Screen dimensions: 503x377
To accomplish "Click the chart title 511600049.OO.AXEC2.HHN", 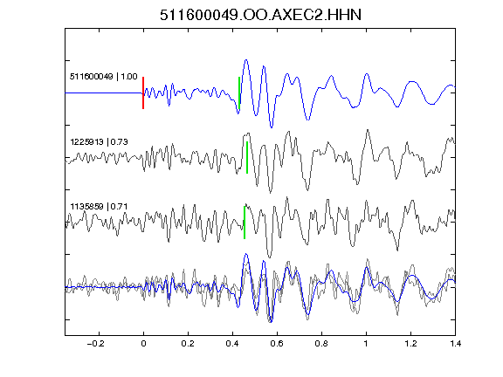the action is (260, 15).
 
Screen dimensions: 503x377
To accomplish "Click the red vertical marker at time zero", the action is (143, 93).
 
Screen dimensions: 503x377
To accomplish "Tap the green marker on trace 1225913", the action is (247, 157).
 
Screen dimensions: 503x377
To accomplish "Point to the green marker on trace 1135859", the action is (245, 223).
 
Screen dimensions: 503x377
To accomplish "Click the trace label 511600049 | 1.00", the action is (104, 77).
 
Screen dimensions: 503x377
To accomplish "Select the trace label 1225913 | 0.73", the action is (99, 141).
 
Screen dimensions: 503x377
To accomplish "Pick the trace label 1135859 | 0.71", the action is (99, 206).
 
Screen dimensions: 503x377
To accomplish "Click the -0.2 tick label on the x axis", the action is (96, 344).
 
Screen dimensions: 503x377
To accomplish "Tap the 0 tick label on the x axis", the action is (143, 344).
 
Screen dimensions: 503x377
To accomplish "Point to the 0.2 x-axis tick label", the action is (188, 344).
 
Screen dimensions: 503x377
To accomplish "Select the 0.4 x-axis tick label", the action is (232, 344).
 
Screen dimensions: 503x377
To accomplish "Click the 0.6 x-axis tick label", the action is (277, 344).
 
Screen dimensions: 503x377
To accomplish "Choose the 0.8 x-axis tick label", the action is (321, 344).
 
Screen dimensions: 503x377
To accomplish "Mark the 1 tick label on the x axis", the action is (366, 344).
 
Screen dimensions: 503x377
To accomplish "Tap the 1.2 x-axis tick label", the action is (410, 344).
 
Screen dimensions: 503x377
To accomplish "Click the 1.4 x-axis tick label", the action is (455, 344).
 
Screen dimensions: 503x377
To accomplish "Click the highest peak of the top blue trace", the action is (246, 59).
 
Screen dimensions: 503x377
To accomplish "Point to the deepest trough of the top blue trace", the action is (272, 127).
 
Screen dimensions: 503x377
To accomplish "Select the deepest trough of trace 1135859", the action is (269, 257).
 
